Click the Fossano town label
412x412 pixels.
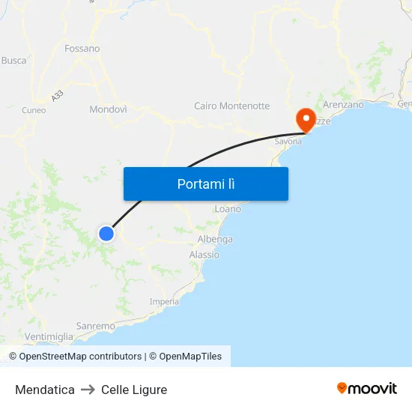pos(82,49)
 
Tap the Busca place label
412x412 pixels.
pos(13,60)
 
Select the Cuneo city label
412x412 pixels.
pos(34,110)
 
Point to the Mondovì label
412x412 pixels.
pos(108,109)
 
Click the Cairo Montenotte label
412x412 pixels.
pos(231,106)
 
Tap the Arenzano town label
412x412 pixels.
pos(343,105)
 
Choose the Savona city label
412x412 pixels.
pos(288,141)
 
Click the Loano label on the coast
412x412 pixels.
pos(228,209)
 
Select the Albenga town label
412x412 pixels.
pos(215,240)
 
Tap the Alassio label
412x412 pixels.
pos(205,255)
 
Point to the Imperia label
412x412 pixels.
pos(164,302)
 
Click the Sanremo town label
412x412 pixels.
pos(96,326)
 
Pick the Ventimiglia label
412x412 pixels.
pos(49,336)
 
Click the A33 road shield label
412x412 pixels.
pos(58,96)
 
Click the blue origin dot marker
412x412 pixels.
pos(106,234)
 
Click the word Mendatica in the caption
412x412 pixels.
pos(45,390)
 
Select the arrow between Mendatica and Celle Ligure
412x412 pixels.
pos(88,390)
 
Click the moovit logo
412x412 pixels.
pos(367,388)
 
